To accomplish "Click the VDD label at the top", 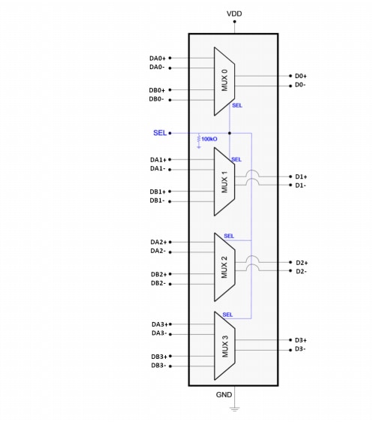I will pos(234,14).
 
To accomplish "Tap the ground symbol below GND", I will pos(234,408).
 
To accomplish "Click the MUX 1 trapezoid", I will pos(225,180).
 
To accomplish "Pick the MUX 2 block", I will pos(225,266).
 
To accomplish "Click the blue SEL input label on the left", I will pos(160,133).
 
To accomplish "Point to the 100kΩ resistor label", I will pos(209,140).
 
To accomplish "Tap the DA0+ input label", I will pos(158,58).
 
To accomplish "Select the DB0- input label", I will pos(157,99).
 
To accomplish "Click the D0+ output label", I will pos(301,76).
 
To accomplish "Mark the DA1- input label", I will pos(157,168).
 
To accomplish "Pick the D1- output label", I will pos(301,185).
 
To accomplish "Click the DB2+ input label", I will pos(158,274).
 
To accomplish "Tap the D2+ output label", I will pos(301,262).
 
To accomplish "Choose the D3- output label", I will pos(300,348).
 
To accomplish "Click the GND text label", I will pos(224,394).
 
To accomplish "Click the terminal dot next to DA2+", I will pos(171,242).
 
